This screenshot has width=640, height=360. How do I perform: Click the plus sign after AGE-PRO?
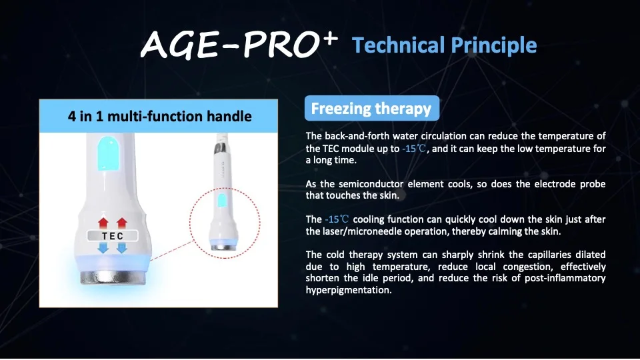point(329,39)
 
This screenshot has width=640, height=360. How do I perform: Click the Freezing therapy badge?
point(372,108)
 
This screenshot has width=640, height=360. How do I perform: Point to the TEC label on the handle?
point(113,236)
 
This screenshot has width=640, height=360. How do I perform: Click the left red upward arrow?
point(103,223)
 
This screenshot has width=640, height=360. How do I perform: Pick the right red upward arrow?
point(122,223)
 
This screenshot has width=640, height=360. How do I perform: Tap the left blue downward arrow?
point(103,248)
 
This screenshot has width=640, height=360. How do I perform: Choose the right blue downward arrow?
point(122,248)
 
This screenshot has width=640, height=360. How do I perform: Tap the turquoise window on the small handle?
point(221,201)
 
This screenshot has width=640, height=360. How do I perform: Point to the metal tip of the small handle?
point(223,247)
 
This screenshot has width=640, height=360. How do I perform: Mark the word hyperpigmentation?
point(349,290)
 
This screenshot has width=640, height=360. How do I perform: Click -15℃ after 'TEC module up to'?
point(414,149)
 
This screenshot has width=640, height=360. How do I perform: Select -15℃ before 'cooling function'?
point(337,219)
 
